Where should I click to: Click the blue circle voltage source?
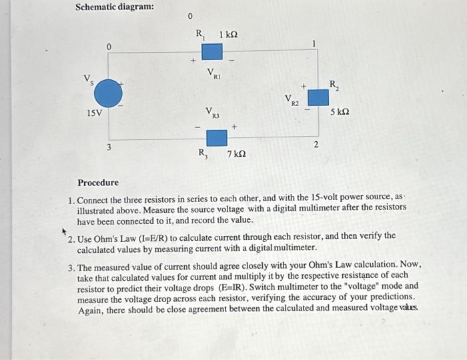(107, 93)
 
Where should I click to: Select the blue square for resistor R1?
(212, 51)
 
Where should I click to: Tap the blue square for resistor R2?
(318, 97)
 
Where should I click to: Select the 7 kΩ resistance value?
(236, 155)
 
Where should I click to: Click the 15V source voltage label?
(95, 113)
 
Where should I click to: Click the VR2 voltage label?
(292, 101)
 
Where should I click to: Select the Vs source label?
(87, 79)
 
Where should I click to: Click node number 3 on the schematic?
(110, 147)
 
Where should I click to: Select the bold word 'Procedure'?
(98, 183)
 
